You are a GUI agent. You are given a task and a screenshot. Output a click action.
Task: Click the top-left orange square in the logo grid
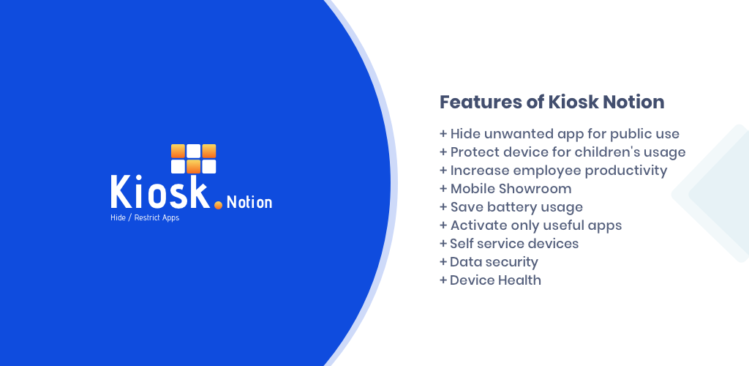[178, 151]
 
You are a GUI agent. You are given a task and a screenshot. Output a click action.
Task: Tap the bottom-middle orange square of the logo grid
[193, 167]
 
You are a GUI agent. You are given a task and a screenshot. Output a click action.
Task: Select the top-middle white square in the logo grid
[193, 151]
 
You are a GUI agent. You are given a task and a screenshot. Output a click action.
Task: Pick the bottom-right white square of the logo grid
[208, 167]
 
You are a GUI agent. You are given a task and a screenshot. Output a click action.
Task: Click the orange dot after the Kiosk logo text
[218, 205]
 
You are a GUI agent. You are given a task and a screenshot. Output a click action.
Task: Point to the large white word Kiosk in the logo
[160, 192]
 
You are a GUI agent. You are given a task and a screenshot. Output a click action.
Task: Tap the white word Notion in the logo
[249, 203]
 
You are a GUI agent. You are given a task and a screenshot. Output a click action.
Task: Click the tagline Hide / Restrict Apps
[145, 218]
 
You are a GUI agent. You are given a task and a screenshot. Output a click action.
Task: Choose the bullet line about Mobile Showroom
[505, 189]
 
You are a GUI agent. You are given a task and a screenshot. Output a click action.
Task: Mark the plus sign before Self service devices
[443, 244]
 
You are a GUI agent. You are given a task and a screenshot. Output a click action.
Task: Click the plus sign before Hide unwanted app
[443, 134]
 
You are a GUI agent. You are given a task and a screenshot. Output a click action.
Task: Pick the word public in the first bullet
[636, 135]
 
